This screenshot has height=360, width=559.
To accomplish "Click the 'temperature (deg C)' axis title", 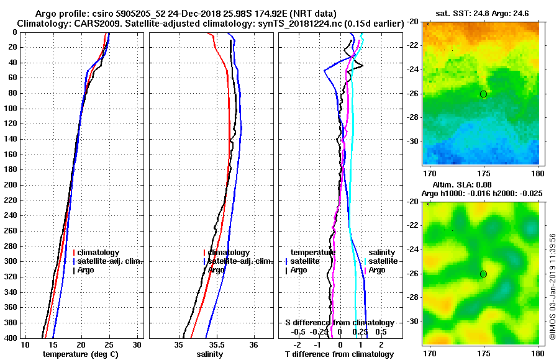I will [80, 354].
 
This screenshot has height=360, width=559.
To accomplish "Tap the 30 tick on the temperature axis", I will [137, 345].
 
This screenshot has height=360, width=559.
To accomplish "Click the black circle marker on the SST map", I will [483, 94].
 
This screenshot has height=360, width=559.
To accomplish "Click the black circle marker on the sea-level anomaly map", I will [483, 274].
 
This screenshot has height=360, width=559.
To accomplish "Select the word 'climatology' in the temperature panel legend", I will [99, 253].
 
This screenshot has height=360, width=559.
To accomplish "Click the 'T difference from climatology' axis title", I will [340, 354].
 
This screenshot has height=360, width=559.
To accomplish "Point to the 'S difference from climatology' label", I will [339, 323].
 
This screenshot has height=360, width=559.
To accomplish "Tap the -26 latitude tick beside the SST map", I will [413, 94].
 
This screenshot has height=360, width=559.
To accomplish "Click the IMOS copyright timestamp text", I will [552, 286].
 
